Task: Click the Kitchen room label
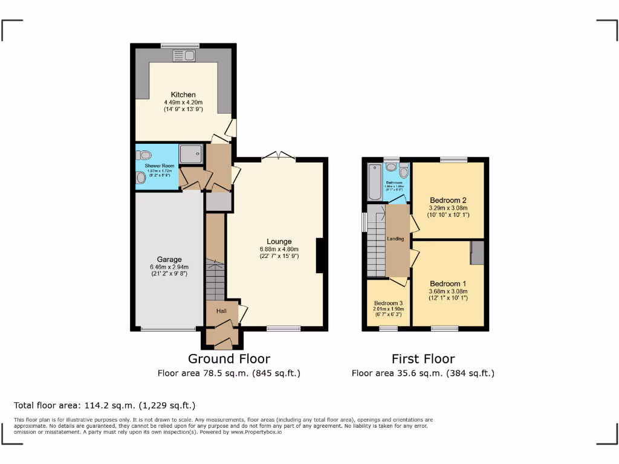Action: pyautogui.click(x=183, y=95)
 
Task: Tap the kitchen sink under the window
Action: pyautogui.click(x=184, y=56)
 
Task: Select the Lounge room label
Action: pyautogui.click(x=279, y=242)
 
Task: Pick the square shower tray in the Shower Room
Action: pyautogui.click(x=191, y=155)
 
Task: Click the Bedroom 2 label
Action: pyautogui.click(x=448, y=200)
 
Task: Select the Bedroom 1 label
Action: pyautogui.click(x=448, y=283)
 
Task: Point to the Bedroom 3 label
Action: pyautogui.click(x=388, y=303)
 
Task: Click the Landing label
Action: pyautogui.click(x=396, y=239)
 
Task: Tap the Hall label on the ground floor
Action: pyautogui.click(x=221, y=311)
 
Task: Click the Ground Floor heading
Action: pyautogui.click(x=228, y=359)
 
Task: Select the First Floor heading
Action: pyautogui.click(x=423, y=359)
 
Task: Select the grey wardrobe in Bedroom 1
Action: pyautogui.click(x=478, y=253)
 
